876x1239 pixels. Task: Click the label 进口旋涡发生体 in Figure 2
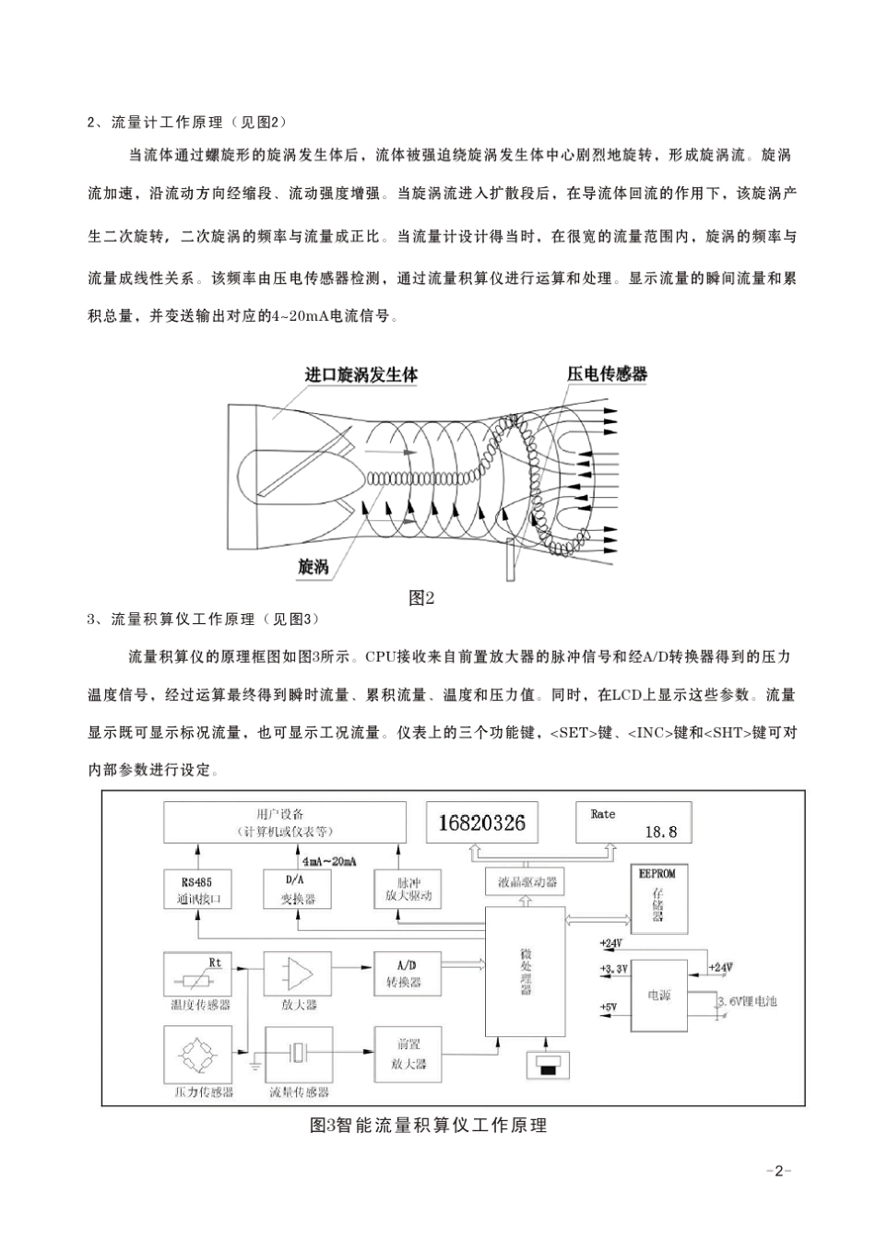pos(361,375)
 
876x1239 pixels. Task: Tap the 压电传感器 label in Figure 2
pos(607,373)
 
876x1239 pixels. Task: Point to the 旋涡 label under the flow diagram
pos(314,565)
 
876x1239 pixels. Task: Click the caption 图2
pos(421,598)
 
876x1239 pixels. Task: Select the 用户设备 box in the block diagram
pos(284,821)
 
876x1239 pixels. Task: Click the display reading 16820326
pos(482,822)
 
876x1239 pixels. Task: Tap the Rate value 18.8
pos(660,832)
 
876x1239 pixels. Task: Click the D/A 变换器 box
pos(298,890)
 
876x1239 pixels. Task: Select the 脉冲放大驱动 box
pos(403,889)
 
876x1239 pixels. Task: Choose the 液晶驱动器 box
pos(527,882)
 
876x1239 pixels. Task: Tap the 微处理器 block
pos(526,971)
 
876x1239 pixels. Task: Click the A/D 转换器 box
pos(403,973)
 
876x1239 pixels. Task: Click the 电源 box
pos(660,996)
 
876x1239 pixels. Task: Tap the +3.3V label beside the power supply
pos(613,969)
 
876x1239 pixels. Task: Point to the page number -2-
pos(779,1172)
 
